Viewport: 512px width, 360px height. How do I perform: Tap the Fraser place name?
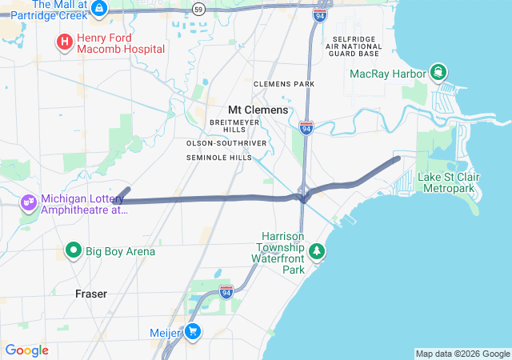coord(90,294)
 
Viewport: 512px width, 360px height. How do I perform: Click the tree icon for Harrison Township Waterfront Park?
coord(318,251)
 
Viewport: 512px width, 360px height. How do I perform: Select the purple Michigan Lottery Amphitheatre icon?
coord(29,203)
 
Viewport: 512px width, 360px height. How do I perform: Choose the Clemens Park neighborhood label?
coord(284,84)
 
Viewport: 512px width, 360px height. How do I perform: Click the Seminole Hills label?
coord(218,158)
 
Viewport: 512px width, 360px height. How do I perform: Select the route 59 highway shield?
coord(199,8)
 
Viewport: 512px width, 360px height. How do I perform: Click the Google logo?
coord(26,350)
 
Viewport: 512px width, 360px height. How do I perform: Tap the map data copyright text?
coord(462,354)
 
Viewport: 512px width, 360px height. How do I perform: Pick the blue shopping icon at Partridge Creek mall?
coord(99,9)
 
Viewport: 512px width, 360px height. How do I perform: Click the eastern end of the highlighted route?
coord(398,158)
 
